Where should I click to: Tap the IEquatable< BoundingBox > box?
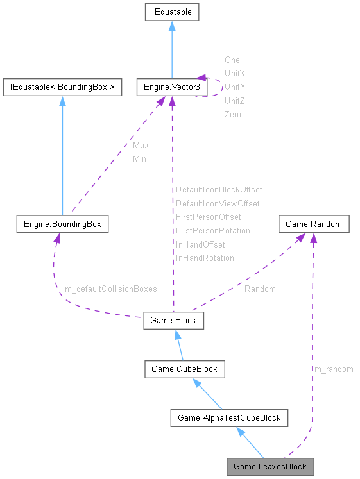point(62,87)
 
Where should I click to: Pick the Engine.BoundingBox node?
point(62,224)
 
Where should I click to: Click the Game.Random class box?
point(314,224)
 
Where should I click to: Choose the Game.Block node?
point(174,321)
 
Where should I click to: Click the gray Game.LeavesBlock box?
point(270,466)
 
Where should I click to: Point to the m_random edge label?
point(333,369)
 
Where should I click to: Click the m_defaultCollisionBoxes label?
point(110,289)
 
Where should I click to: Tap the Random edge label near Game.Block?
point(260,289)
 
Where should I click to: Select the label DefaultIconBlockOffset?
point(219,190)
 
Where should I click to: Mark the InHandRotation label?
point(205,258)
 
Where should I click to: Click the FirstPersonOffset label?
point(208,217)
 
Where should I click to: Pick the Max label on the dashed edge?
point(141,146)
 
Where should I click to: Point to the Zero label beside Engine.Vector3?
point(232,115)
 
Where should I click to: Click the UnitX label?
point(234,74)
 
